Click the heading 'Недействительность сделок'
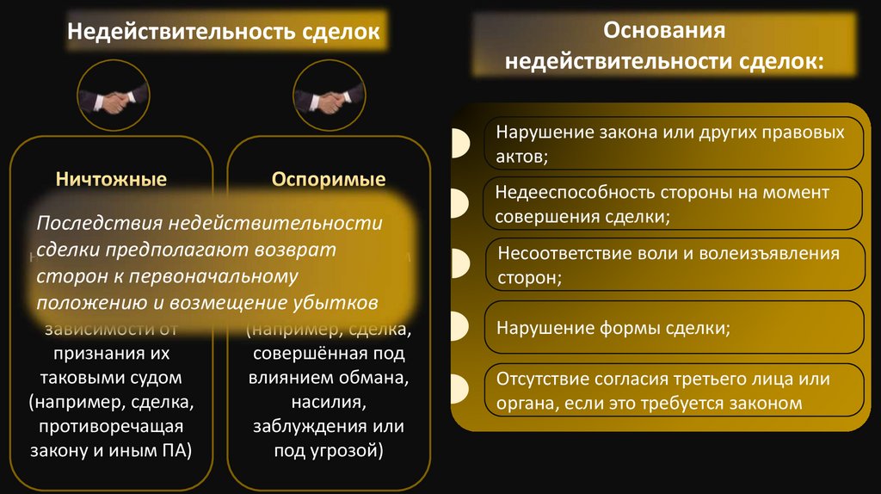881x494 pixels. [224, 33]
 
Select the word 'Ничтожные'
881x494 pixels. [111, 180]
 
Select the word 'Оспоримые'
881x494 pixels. [329, 180]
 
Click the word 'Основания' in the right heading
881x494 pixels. [664, 31]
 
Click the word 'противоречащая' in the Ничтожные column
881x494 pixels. [111, 426]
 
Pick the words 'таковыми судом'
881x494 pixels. [111, 378]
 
